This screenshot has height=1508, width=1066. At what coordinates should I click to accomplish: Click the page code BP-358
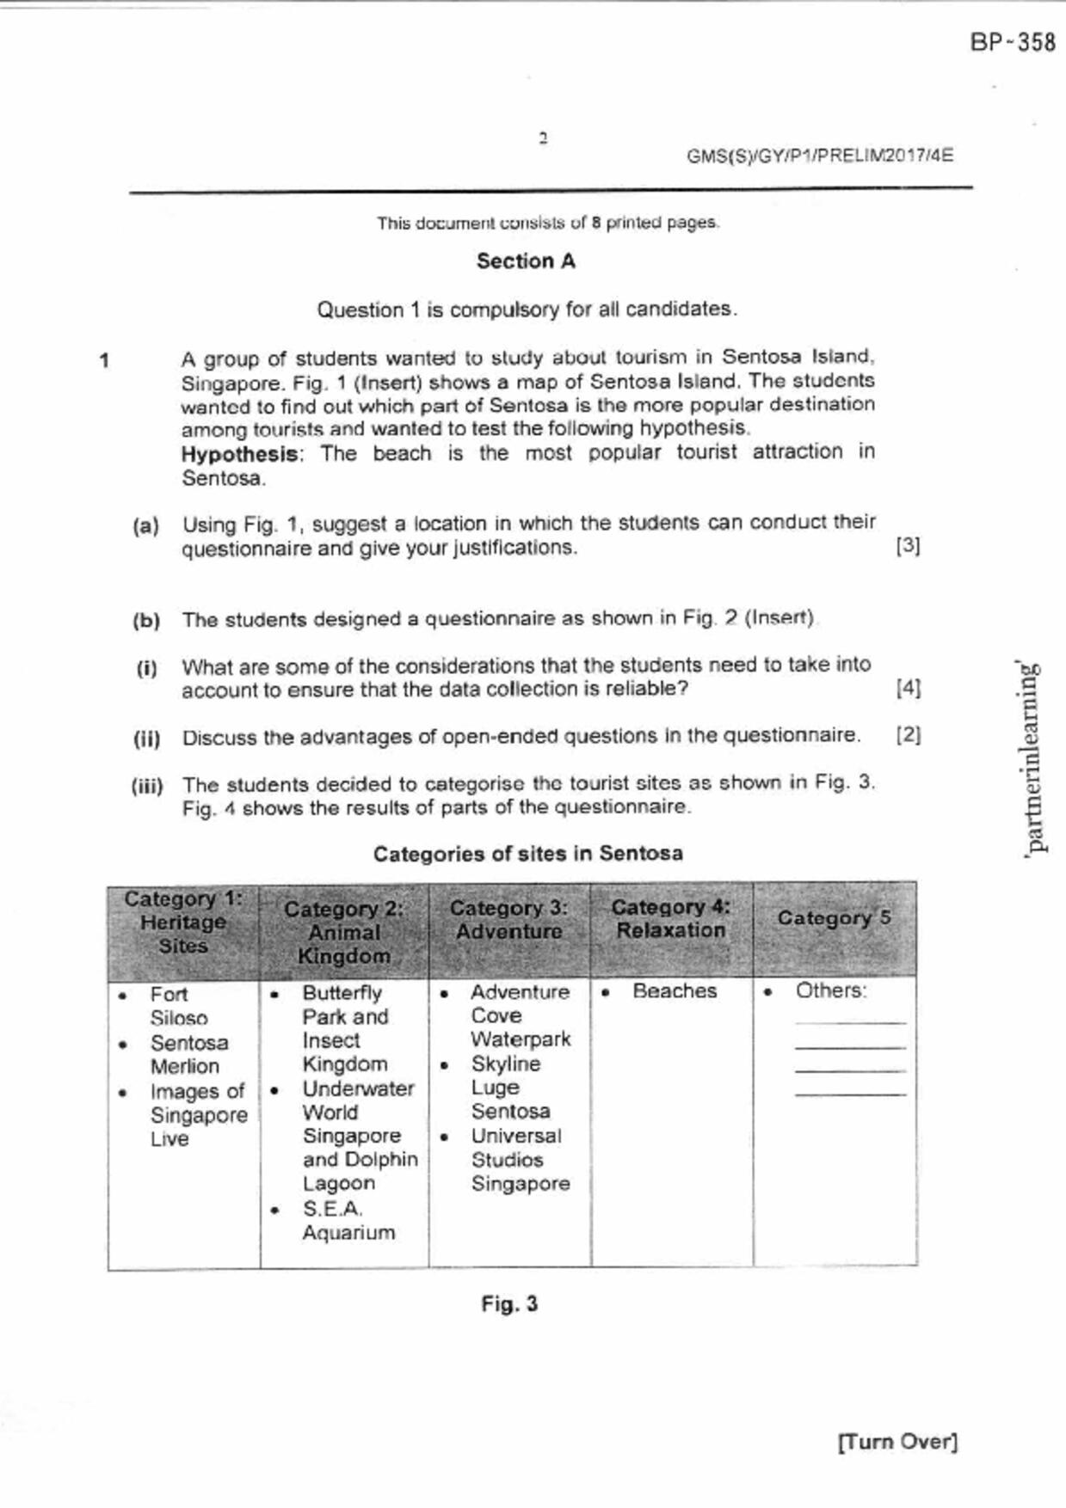(1012, 42)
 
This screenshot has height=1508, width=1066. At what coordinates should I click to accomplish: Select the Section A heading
(526, 261)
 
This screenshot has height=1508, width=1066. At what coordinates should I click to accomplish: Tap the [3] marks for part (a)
(908, 546)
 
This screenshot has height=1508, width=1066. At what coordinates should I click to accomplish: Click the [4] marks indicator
(908, 688)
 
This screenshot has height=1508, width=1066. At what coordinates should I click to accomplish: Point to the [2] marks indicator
(908, 735)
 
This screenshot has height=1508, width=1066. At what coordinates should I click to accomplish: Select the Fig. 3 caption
(509, 1304)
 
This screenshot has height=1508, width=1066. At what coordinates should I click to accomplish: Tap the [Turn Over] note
(897, 1442)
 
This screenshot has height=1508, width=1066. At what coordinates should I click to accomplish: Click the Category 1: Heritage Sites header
(183, 923)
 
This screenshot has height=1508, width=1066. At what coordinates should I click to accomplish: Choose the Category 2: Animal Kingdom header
(344, 932)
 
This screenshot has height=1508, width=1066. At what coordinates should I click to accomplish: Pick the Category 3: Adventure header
(508, 920)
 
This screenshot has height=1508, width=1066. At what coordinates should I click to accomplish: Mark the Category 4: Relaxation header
(671, 918)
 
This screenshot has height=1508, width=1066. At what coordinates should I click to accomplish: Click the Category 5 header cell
(834, 918)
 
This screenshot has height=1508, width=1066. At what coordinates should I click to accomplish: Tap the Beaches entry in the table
(675, 991)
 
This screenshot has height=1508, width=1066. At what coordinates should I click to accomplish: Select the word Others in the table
(830, 990)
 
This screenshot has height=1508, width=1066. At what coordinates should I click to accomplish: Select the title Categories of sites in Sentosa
(528, 854)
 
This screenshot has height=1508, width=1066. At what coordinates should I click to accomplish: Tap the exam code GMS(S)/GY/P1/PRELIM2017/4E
(819, 156)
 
